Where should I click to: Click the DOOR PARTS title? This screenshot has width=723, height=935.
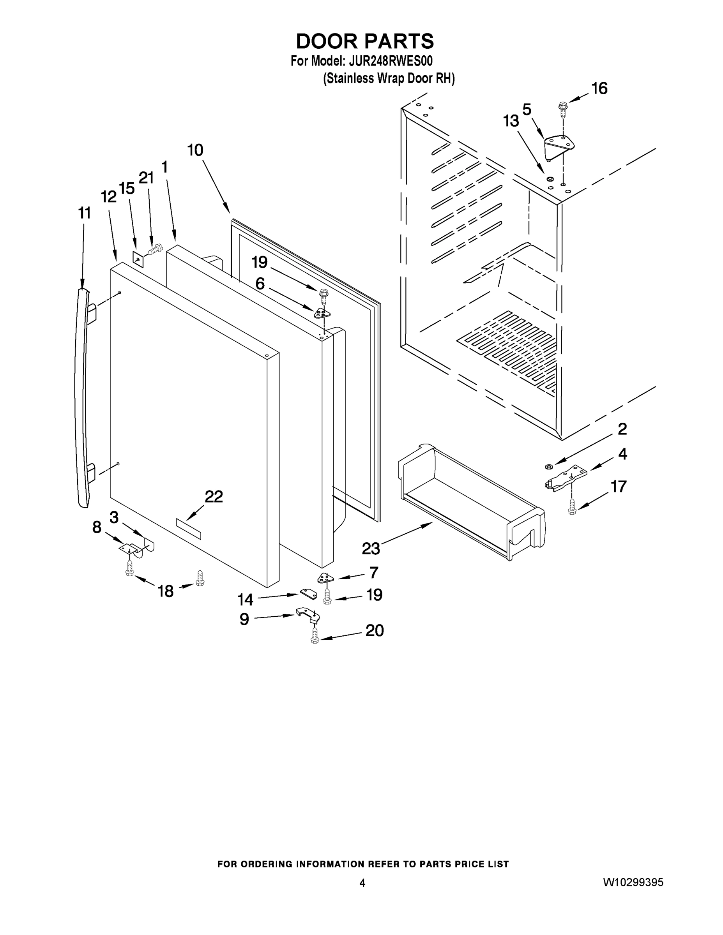[364, 42]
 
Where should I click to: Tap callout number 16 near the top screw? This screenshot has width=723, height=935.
[599, 88]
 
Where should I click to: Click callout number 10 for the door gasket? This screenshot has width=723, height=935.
[195, 150]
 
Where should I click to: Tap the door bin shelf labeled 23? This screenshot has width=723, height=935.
[471, 501]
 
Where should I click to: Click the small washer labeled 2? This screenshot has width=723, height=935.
[549, 465]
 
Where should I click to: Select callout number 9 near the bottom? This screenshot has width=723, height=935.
[244, 619]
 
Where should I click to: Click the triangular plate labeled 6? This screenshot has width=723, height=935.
[322, 314]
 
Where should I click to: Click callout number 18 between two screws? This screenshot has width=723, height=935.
[166, 591]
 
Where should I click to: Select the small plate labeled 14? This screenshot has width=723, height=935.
[308, 593]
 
